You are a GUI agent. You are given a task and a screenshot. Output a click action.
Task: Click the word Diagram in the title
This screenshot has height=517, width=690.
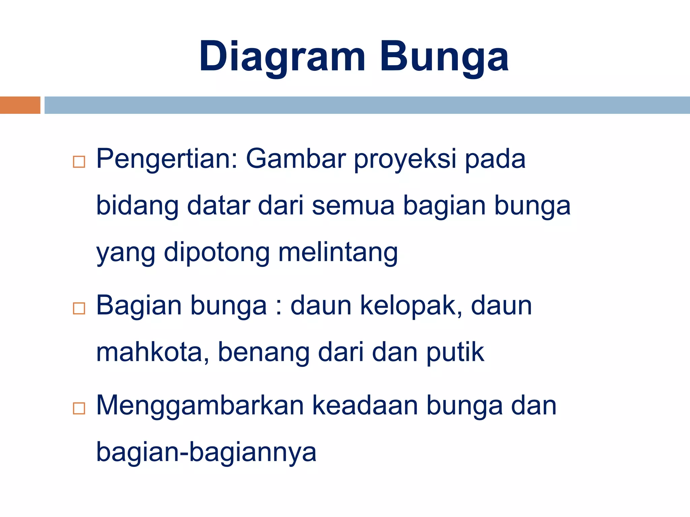(x=282, y=57)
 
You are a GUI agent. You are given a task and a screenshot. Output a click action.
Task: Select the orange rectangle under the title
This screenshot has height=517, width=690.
(x=20, y=105)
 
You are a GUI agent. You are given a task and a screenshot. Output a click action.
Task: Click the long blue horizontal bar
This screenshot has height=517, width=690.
(x=367, y=105)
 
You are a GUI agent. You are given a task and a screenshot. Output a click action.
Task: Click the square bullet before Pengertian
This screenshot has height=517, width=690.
(x=79, y=162)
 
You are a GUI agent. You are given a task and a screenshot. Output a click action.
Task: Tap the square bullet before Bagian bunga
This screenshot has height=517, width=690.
(x=79, y=308)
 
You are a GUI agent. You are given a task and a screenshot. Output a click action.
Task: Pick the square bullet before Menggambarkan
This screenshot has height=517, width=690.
(x=79, y=408)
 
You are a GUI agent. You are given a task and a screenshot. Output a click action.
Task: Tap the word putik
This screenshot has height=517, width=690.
(x=455, y=352)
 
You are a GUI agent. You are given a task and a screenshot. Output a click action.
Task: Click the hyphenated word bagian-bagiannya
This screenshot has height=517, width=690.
(x=206, y=452)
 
